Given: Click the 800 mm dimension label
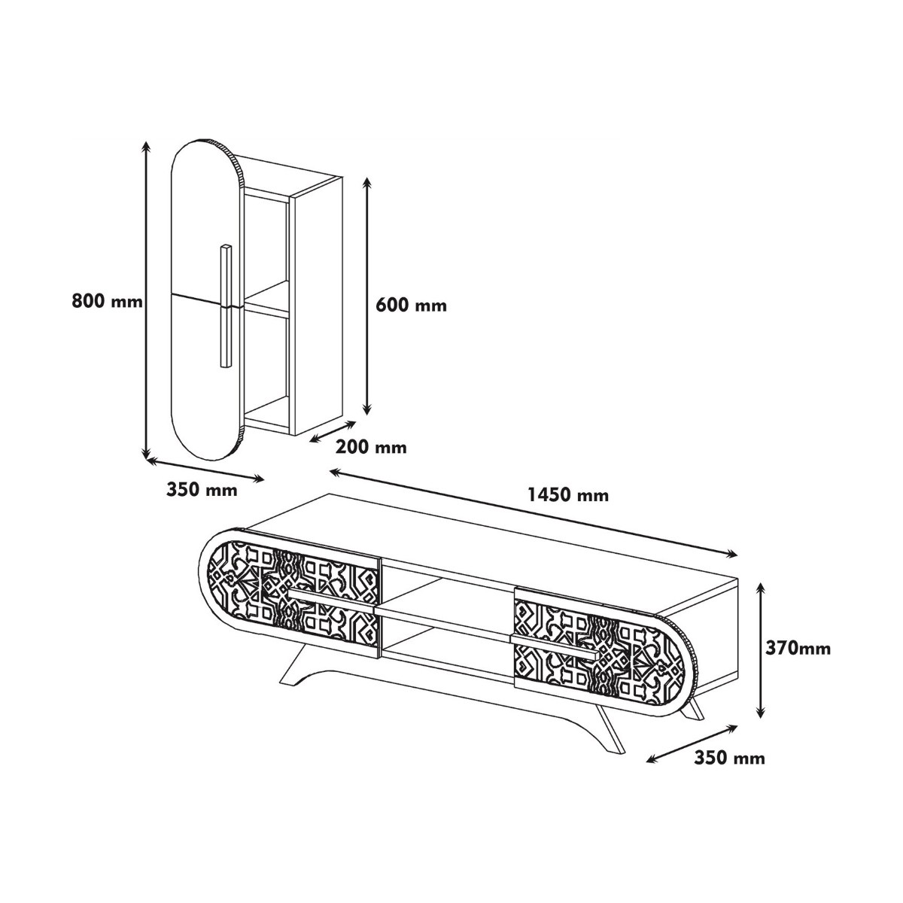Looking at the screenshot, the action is point(107,300).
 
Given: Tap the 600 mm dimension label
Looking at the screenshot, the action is point(411,305).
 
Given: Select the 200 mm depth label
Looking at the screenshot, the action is point(371,447).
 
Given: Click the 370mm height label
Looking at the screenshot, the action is point(798,648).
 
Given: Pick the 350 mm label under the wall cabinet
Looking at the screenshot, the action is point(202,490).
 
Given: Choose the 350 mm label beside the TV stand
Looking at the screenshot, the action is point(729,758).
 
